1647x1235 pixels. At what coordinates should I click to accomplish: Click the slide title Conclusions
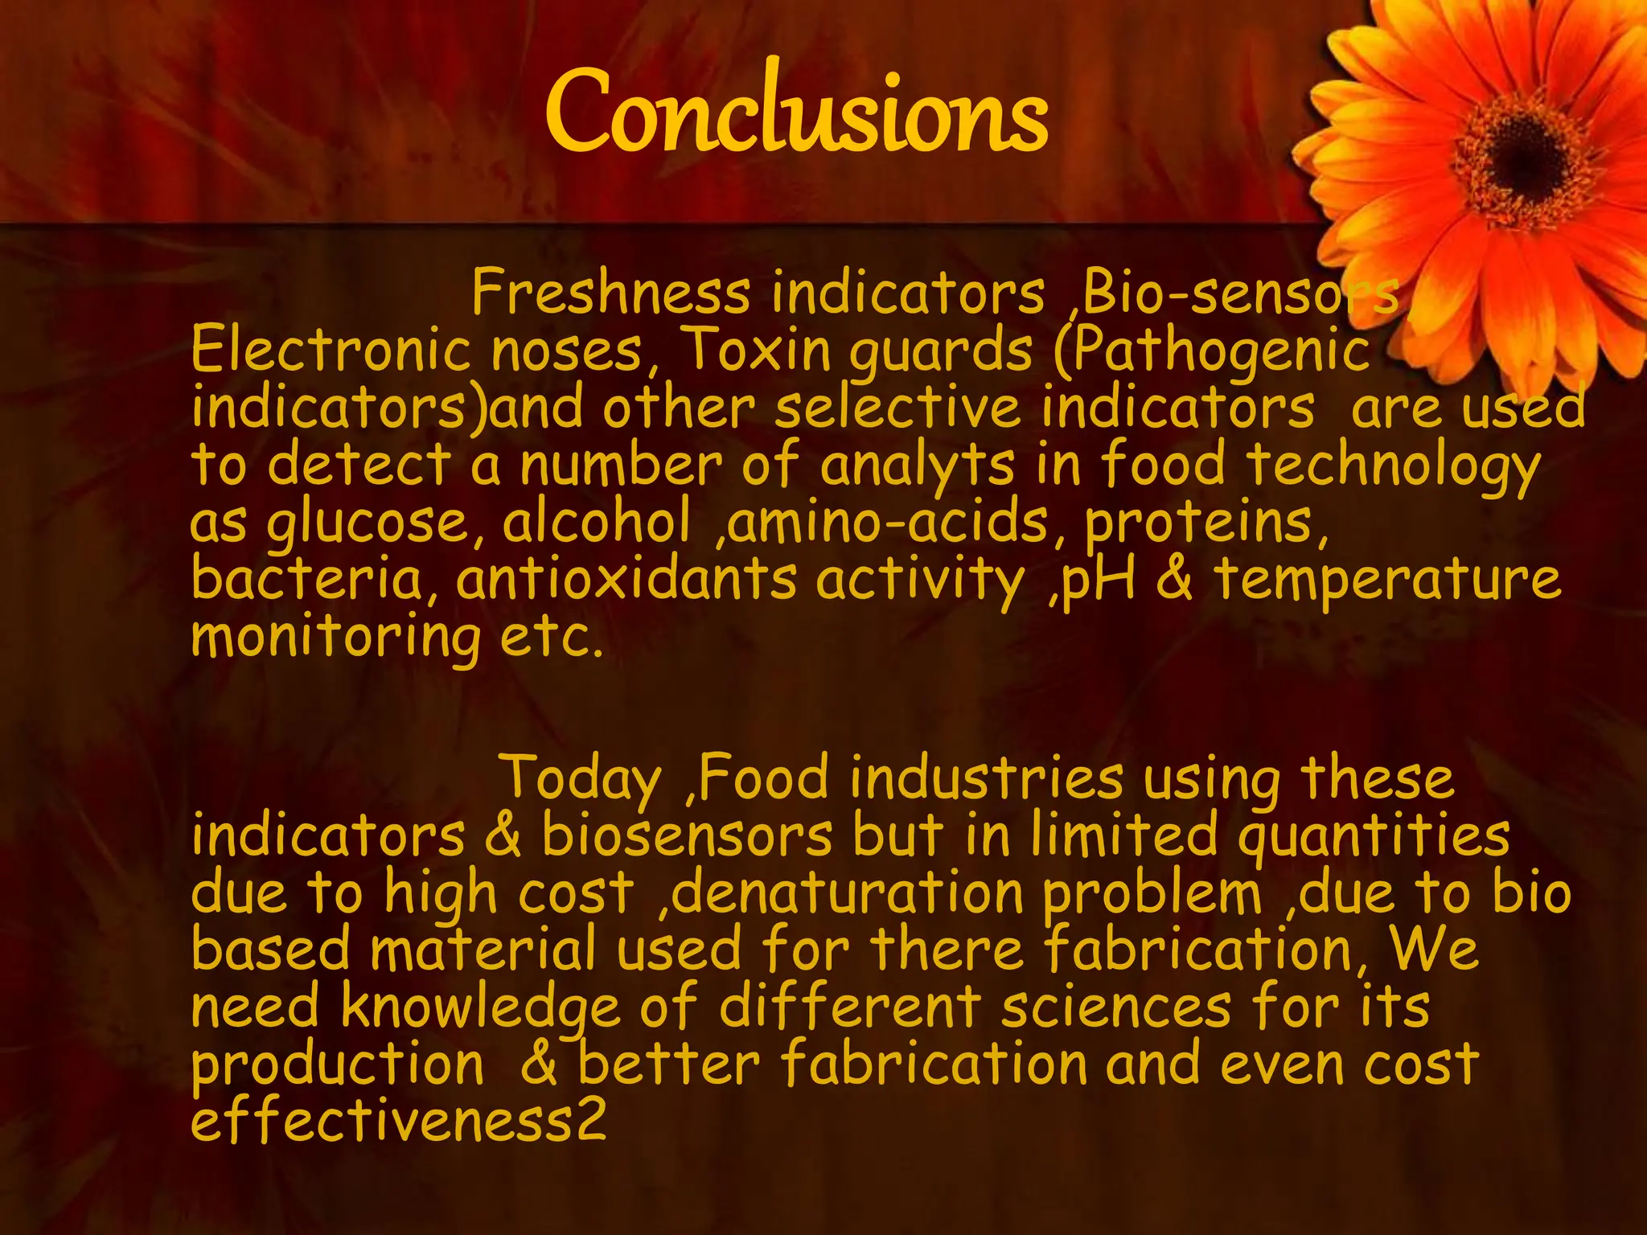796,113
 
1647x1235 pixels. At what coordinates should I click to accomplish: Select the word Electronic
331,351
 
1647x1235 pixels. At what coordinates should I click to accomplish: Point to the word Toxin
755,351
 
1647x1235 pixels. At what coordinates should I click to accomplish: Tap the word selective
897,408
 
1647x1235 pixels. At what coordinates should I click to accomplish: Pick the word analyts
918,466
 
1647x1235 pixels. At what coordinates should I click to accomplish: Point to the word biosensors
688,836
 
